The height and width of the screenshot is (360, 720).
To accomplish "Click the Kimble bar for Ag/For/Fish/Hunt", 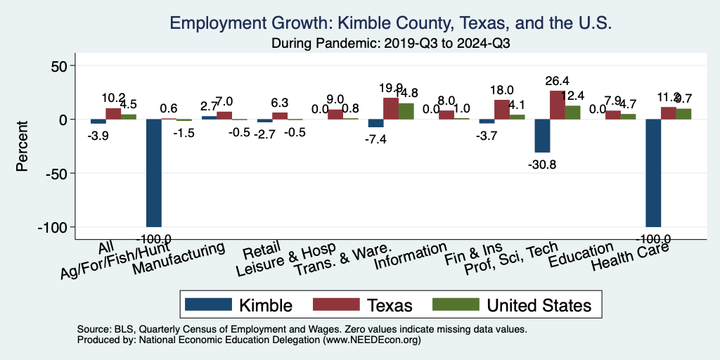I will [x=153, y=173].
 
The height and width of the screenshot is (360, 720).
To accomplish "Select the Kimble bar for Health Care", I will [x=653, y=173].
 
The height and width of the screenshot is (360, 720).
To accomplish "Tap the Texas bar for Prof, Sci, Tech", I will [x=557, y=105].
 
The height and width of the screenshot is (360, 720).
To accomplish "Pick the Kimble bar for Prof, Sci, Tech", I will [x=541, y=136].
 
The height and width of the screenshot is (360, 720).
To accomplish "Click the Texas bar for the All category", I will [x=113, y=113].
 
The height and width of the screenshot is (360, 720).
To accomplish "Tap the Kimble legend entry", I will [x=238, y=304].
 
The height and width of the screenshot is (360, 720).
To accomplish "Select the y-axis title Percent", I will [x=22, y=146].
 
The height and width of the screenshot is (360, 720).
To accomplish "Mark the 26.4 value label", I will [x=557, y=81].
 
